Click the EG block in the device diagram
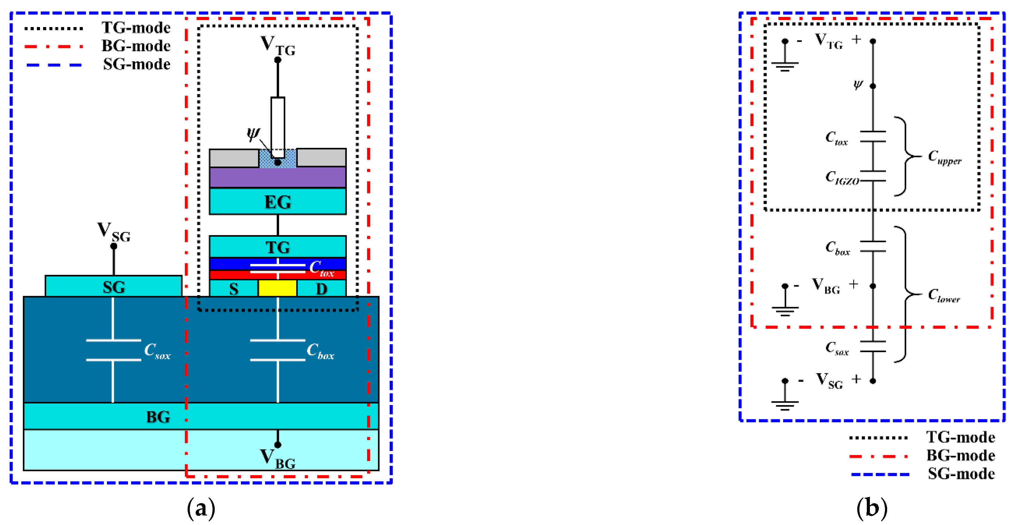click(x=277, y=201)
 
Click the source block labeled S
click(x=234, y=289)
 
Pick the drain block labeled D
click(x=321, y=289)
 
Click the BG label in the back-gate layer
click(x=158, y=416)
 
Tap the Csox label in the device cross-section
click(x=157, y=350)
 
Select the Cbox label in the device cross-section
click(x=320, y=350)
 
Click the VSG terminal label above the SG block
click(x=114, y=232)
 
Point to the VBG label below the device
click(x=277, y=458)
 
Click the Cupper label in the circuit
click(x=944, y=157)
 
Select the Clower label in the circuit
click(x=944, y=295)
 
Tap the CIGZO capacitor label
click(x=842, y=177)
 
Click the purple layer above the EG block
click(x=277, y=177)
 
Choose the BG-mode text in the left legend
click(x=136, y=46)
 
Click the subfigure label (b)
click(x=872, y=508)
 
